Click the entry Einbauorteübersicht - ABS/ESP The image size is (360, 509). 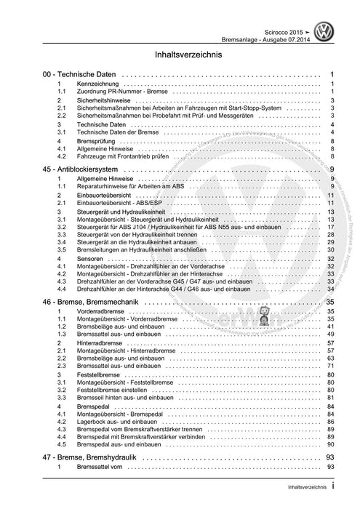pyautogui.click(x=121, y=205)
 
